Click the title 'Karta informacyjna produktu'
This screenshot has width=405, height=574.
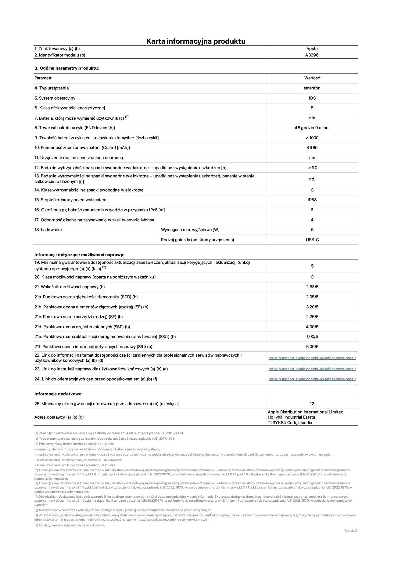point(196,41)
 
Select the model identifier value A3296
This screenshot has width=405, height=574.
point(312,55)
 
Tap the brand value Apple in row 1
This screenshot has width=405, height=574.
point(312,49)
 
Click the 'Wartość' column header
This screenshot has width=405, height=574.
point(312,78)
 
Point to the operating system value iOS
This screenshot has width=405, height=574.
point(312,98)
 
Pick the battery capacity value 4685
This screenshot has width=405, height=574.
point(312,148)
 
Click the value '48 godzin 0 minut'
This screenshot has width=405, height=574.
point(312,128)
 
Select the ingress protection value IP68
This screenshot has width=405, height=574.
point(312,200)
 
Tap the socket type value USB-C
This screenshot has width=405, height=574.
point(312,240)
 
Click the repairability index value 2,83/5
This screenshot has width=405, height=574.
point(312,287)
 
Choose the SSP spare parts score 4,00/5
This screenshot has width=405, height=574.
point(312,327)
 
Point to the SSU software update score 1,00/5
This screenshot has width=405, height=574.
point(312,337)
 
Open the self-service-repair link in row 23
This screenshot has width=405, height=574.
point(312,369)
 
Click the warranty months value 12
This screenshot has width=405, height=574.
point(312,404)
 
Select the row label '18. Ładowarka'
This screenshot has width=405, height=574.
point(48,230)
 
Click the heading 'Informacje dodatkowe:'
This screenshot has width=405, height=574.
point(59,394)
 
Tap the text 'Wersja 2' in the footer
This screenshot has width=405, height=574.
point(350,531)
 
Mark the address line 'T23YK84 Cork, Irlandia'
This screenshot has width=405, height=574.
point(290,423)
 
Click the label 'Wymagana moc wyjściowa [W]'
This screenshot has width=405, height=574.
point(190,230)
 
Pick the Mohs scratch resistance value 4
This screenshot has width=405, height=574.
point(312,220)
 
